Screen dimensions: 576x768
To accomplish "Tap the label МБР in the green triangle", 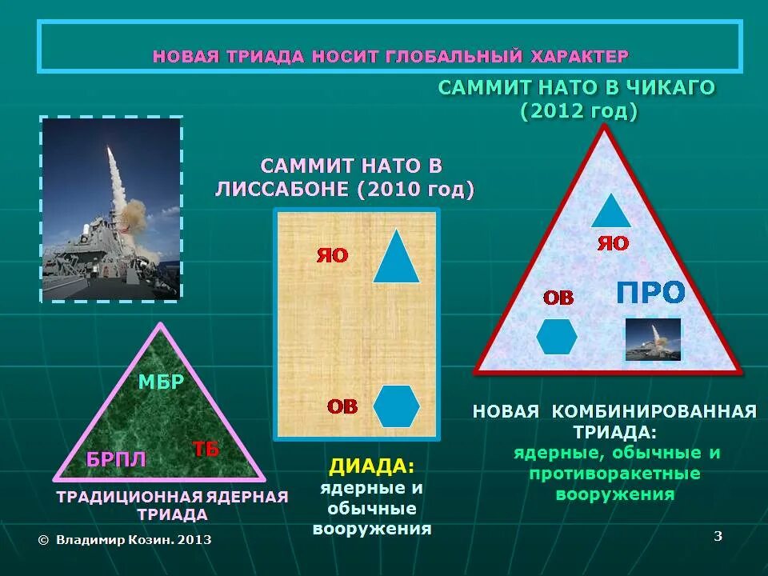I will click(x=161, y=382).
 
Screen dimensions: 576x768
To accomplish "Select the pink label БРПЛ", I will click(x=117, y=459).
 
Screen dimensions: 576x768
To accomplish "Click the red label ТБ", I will click(x=206, y=449).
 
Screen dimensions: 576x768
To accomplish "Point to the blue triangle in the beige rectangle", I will click(x=396, y=259).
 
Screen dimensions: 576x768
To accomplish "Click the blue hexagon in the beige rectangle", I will click(x=396, y=406).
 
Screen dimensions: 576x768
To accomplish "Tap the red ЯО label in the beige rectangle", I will click(x=333, y=255).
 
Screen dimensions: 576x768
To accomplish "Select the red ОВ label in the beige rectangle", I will click(x=342, y=406).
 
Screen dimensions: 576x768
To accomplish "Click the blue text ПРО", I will click(x=650, y=293).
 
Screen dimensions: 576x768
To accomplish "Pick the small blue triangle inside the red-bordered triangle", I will click(x=612, y=210).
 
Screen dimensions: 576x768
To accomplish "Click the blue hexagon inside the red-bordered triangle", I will click(x=557, y=336).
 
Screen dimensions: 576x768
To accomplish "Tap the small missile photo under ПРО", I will click(x=653, y=339).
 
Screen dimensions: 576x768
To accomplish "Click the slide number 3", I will click(x=718, y=536).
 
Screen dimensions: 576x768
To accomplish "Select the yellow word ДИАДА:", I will click(x=372, y=466).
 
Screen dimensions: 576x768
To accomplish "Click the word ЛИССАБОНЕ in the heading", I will click(x=283, y=190).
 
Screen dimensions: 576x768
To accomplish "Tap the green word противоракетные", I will click(x=614, y=474).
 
